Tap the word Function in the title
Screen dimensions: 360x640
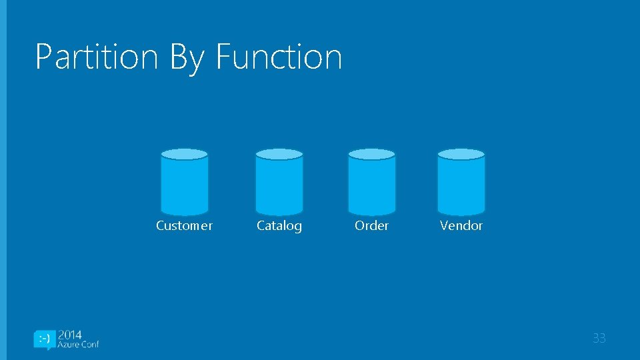(x=279, y=57)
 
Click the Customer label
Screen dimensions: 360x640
(x=184, y=225)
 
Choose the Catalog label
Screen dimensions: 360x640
(x=279, y=226)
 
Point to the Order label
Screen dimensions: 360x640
(x=371, y=225)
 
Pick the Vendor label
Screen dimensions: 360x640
(x=461, y=225)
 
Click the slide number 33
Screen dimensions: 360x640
(x=599, y=339)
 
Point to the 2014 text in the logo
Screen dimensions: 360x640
(x=70, y=335)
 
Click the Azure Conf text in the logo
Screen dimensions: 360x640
(x=78, y=345)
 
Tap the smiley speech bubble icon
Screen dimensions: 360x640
(x=43, y=339)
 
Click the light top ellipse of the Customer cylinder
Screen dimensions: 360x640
(x=185, y=154)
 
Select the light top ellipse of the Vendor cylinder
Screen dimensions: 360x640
(x=461, y=154)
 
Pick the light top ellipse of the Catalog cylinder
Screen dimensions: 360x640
(x=279, y=154)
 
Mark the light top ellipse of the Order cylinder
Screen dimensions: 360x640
(x=372, y=154)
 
